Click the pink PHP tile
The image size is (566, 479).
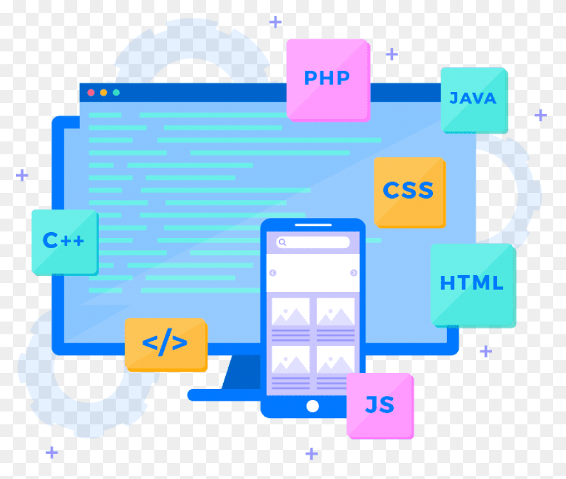pyautogui.click(x=328, y=80)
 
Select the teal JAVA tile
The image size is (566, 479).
pyautogui.click(x=474, y=100)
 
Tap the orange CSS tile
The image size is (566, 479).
pyautogui.click(x=410, y=192)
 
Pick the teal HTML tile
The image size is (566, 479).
pyautogui.click(x=473, y=285)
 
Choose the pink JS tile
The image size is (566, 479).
pyautogui.click(x=380, y=406)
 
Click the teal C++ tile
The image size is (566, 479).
pyautogui.click(x=65, y=242)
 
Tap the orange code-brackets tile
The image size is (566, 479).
pyautogui.click(x=166, y=345)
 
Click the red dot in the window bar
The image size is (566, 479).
pyautogui.click(x=91, y=93)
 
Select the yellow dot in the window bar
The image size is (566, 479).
pyautogui.click(x=104, y=93)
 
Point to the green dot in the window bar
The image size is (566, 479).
pyautogui.click(x=116, y=93)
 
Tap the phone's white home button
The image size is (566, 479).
pyautogui.click(x=313, y=406)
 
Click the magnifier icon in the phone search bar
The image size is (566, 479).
pyautogui.click(x=282, y=242)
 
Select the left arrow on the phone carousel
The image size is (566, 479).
pyautogui.click(x=273, y=273)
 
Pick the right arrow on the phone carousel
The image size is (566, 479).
pyautogui.click(x=354, y=273)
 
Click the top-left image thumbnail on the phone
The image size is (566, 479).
pyautogui.click(x=291, y=312)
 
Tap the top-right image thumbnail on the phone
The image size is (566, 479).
pyautogui.click(x=336, y=312)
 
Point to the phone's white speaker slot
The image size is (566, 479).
pyautogui.click(x=313, y=225)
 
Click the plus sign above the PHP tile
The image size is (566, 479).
pyautogui.click(x=275, y=22)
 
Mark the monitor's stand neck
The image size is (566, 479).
pyautogui.click(x=241, y=372)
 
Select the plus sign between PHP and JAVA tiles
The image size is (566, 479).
pyautogui.click(x=392, y=54)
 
